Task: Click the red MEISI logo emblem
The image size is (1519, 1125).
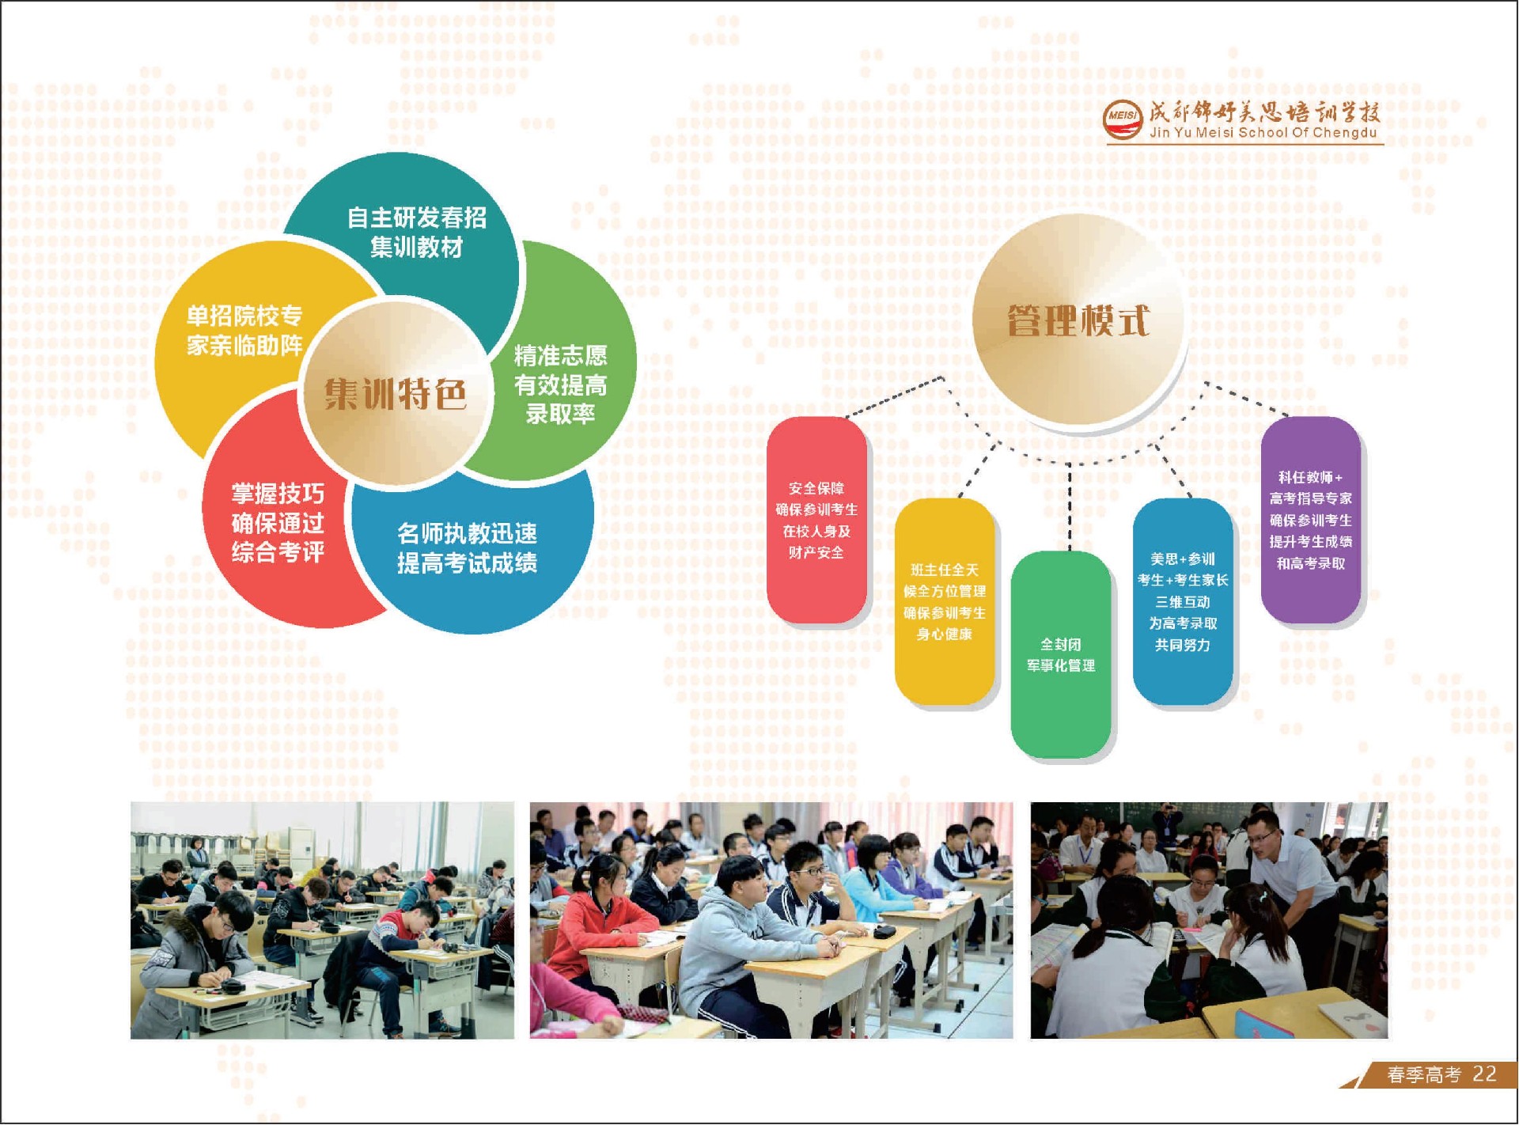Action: [1123, 119]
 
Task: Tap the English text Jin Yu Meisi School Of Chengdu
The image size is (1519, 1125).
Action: [1263, 133]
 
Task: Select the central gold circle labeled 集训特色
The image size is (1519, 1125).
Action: [396, 392]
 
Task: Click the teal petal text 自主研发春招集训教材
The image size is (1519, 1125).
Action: [416, 232]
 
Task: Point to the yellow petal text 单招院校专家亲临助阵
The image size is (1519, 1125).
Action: [244, 330]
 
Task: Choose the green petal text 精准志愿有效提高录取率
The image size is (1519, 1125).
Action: [560, 384]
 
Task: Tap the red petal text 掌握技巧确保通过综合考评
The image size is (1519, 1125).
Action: [278, 523]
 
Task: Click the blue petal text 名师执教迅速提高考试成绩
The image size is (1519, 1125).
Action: [467, 547]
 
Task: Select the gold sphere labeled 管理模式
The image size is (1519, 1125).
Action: [1078, 320]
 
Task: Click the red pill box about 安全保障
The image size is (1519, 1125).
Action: [816, 520]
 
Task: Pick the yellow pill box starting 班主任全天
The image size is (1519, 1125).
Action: [944, 601]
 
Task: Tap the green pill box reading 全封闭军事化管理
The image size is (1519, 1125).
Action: [1060, 654]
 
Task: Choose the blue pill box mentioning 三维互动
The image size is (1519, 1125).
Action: [1183, 601]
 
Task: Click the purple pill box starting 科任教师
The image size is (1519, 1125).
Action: [1310, 520]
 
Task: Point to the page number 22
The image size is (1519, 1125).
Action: [1484, 1074]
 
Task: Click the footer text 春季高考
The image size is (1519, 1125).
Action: [1424, 1074]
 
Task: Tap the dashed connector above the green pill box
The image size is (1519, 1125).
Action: [1070, 507]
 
